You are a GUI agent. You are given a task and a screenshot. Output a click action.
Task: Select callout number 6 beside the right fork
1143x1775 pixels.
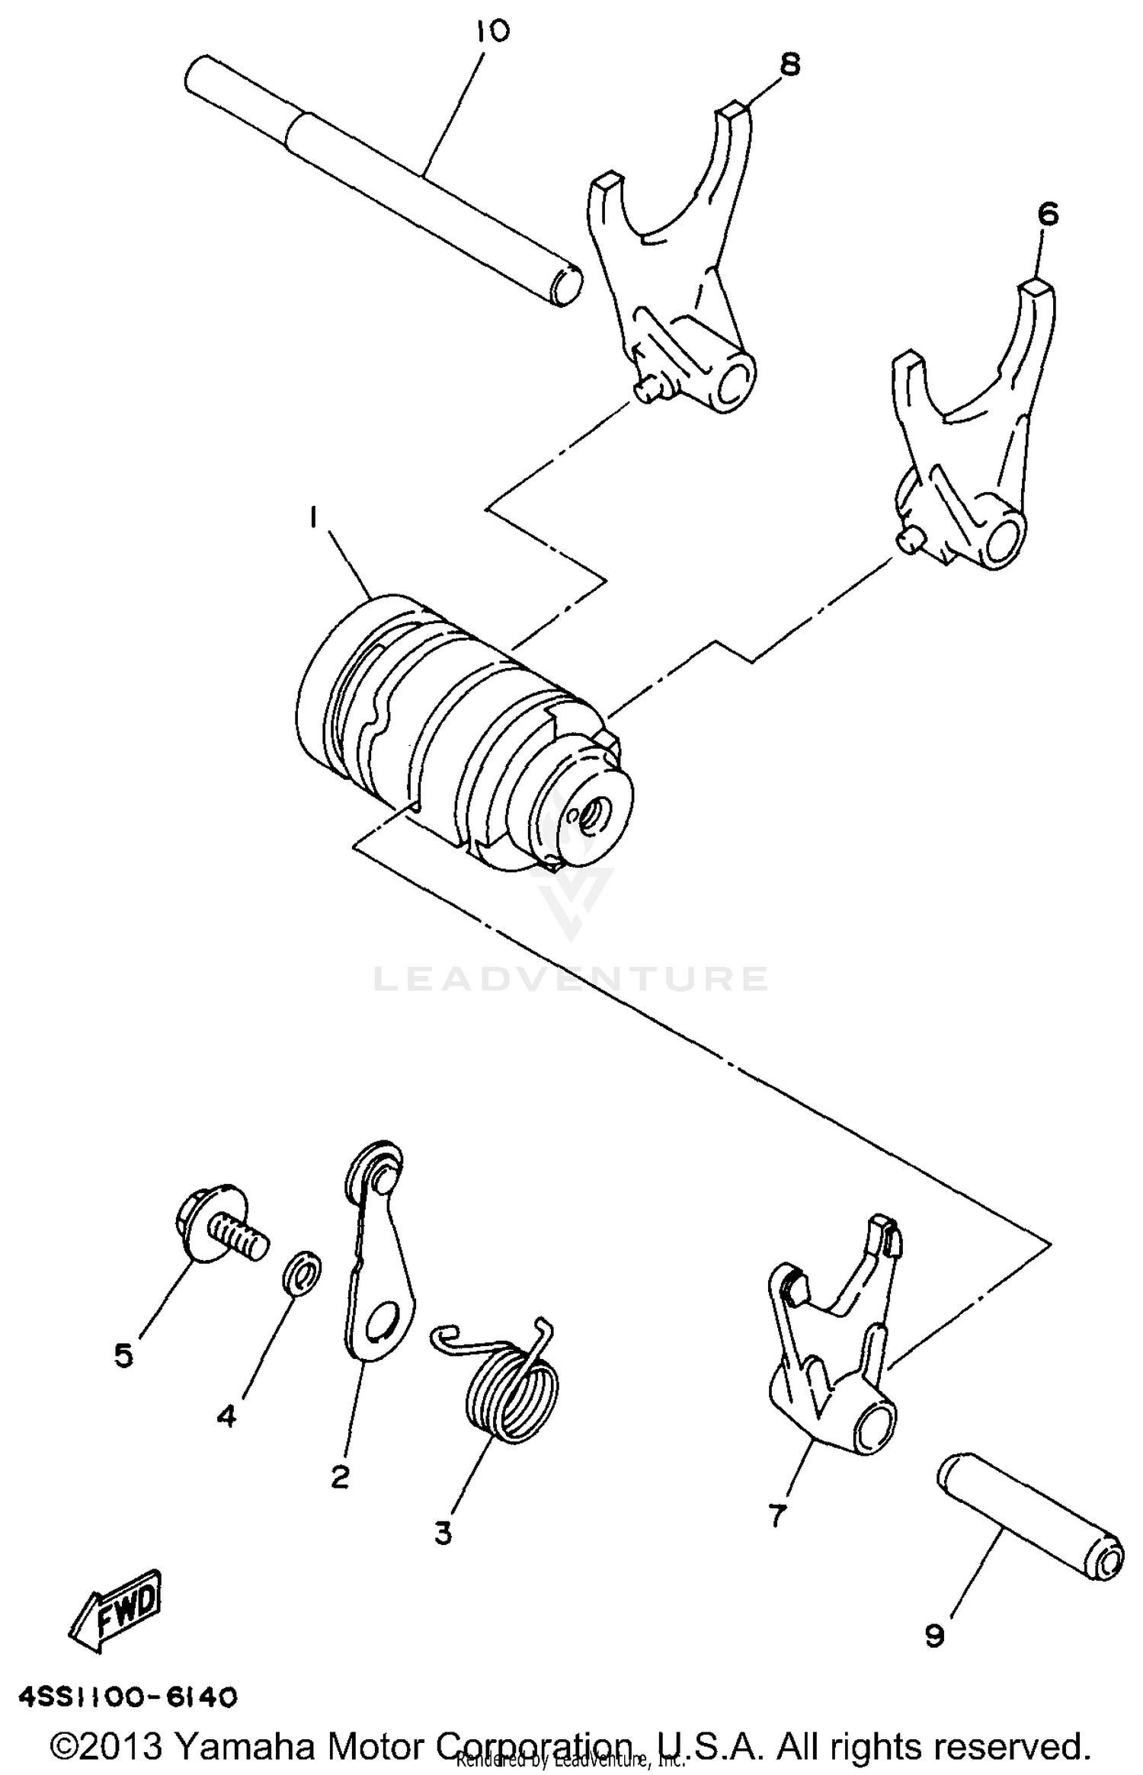click(1048, 215)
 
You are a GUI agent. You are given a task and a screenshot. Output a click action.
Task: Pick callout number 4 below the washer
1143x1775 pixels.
click(226, 1416)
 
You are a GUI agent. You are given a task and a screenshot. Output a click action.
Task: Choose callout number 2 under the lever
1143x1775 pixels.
click(340, 1477)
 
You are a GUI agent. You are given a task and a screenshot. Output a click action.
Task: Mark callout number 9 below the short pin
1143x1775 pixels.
click(934, 1636)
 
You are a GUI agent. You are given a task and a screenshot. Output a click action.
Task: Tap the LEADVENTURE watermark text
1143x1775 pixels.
click(571, 978)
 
